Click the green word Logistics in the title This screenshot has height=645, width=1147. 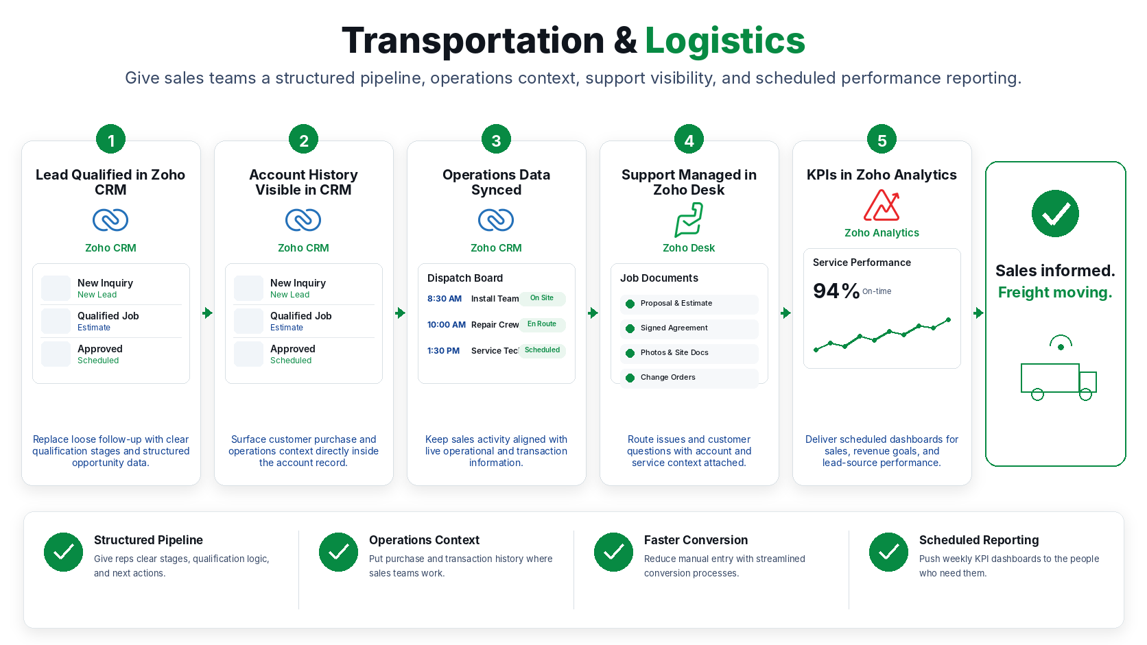(x=724, y=41)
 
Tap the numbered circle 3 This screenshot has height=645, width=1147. (x=496, y=139)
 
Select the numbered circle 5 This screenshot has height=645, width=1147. (x=882, y=139)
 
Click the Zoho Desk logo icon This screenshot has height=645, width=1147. (x=689, y=220)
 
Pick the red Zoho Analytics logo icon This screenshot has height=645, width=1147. (x=882, y=205)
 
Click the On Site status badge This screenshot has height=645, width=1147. (x=542, y=298)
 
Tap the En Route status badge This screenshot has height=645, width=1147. (x=542, y=324)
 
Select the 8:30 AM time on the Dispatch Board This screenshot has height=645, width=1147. (x=445, y=299)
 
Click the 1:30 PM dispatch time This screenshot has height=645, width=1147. (x=443, y=351)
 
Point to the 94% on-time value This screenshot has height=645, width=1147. (x=836, y=291)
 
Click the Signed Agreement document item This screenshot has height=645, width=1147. (x=689, y=328)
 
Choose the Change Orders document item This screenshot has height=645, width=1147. (x=689, y=378)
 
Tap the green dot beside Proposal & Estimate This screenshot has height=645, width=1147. (x=630, y=304)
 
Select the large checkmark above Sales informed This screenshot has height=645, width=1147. (x=1055, y=213)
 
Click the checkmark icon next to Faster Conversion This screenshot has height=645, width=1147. (x=613, y=552)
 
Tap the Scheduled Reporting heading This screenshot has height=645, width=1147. (x=978, y=540)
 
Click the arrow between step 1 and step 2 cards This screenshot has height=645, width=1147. (x=207, y=313)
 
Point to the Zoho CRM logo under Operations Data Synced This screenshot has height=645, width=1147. (x=496, y=220)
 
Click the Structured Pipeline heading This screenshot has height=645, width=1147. (x=148, y=540)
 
